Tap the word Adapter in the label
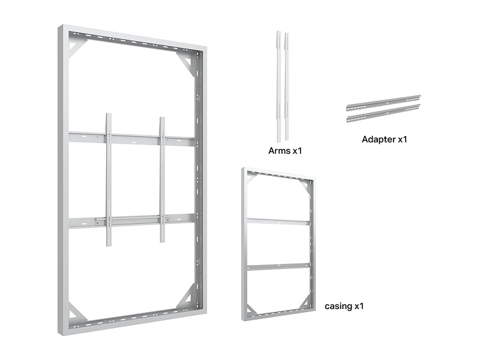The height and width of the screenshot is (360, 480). pos(379,140)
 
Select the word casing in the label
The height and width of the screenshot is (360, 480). pos(338,306)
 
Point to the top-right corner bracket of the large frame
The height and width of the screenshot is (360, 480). pos(185,63)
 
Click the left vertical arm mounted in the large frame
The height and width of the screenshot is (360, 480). pos(109,179)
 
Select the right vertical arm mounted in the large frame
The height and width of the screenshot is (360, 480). pos(162,179)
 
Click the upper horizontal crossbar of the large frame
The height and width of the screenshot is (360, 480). pos(131,139)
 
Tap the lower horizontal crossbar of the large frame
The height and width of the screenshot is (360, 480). pos(131,221)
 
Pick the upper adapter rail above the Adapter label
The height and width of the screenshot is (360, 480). pos(383,103)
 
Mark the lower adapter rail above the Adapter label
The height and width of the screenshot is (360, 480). pos(383,113)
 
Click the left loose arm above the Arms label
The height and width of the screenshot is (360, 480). pos(279,86)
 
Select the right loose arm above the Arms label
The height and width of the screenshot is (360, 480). pos(287,86)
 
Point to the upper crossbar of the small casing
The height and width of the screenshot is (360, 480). pos(278,221)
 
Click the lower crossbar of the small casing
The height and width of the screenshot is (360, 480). pos(278,266)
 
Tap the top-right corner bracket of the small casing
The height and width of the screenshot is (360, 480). pos(305,185)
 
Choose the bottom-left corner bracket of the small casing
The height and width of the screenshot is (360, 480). pos(251,310)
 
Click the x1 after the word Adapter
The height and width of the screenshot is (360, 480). pos(403,140)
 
